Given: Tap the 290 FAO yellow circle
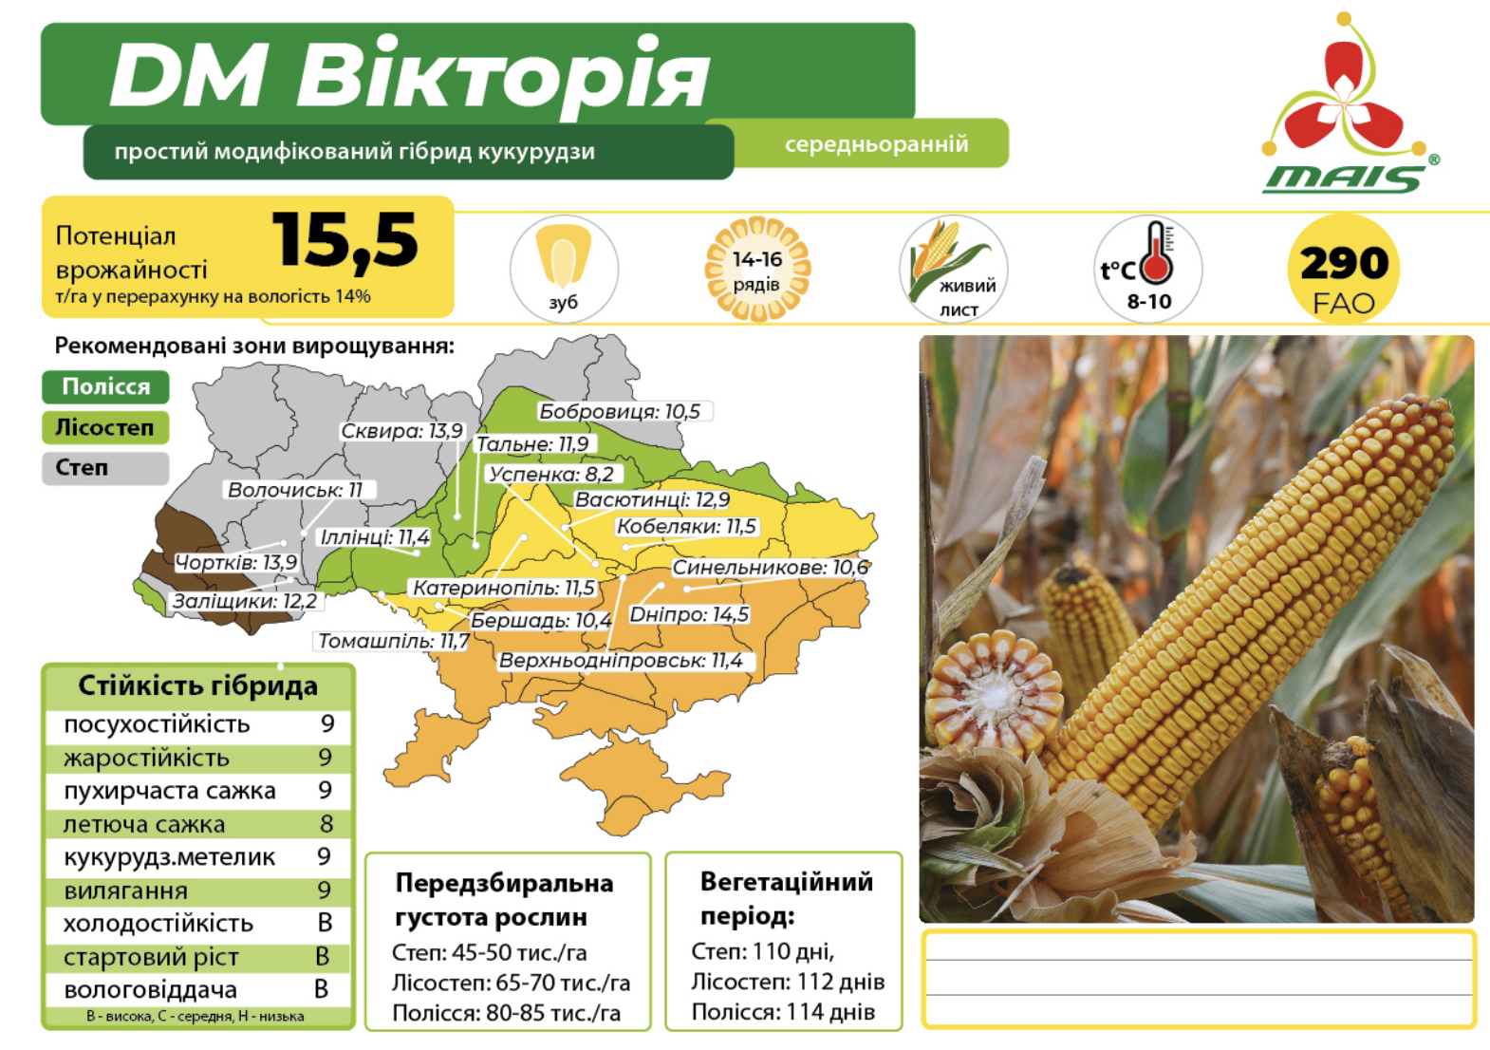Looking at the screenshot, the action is pyautogui.click(x=1344, y=269).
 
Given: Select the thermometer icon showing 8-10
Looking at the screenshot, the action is pyautogui.click(x=1148, y=269).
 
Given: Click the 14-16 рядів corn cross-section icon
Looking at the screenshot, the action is pyautogui.click(x=757, y=269).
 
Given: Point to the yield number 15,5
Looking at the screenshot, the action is pyautogui.click(x=345, y=241).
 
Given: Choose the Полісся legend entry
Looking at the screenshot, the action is pyautogui.click(x=105, y=387).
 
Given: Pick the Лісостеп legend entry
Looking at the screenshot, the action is pyautogui.click(x=105, y=428).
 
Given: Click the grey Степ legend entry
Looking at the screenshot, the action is pyautogui.click(x=105, y=468).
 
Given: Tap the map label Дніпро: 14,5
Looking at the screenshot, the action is pyautogui.click(x=689, y=614).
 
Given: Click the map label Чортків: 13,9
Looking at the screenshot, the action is pyautogui.click(x=236, y=563).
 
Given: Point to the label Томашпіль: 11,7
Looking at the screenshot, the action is pyautogui.click(x=393, y=641).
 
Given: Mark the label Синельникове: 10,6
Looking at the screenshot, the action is pyautogui.click(x=771, y=568).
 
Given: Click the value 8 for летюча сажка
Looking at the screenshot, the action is pyautogui.click(x=326, y=824).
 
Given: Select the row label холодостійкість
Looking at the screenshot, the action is pyautogui.click(x=158, y=924).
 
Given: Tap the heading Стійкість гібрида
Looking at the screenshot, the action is pyautogui.click(x=198, y=686).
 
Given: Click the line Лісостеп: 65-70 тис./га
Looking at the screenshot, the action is pyautogui.click(x=511, y=983).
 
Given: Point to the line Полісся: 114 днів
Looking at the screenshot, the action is pyautogui.click(x=783, y=1012).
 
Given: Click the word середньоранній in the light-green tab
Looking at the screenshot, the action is pyautogui.click(x=876, y=144).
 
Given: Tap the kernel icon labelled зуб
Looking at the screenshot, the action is pyautogui.click(x=564, y=269).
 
